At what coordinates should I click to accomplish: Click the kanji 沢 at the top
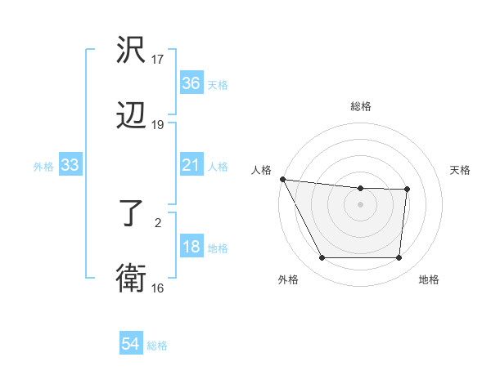(131, 51)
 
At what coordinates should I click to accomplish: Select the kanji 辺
(131, 115)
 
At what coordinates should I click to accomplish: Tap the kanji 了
(131, 215)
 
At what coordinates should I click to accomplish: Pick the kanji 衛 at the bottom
(131, 279)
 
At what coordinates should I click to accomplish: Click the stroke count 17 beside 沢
(158, 60)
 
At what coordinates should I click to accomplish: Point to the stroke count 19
(158, 124)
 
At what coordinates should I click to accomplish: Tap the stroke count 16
(158, 288)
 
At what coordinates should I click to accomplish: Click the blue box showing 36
(191, 83)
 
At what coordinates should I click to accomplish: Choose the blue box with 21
(191, 166)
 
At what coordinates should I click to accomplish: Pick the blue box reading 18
(191, 248)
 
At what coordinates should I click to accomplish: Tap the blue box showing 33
(70, 166)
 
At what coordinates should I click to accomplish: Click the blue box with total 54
(131, 345)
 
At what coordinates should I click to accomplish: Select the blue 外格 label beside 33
(43, 167)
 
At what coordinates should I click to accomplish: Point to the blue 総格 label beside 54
(157, 346)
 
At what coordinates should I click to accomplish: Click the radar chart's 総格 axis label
(360, 106)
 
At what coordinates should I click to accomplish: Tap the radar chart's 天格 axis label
(461, 170)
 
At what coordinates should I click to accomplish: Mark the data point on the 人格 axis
(282, 179)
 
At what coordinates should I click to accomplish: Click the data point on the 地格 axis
(399, 258)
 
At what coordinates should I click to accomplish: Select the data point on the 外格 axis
(322, 258)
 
